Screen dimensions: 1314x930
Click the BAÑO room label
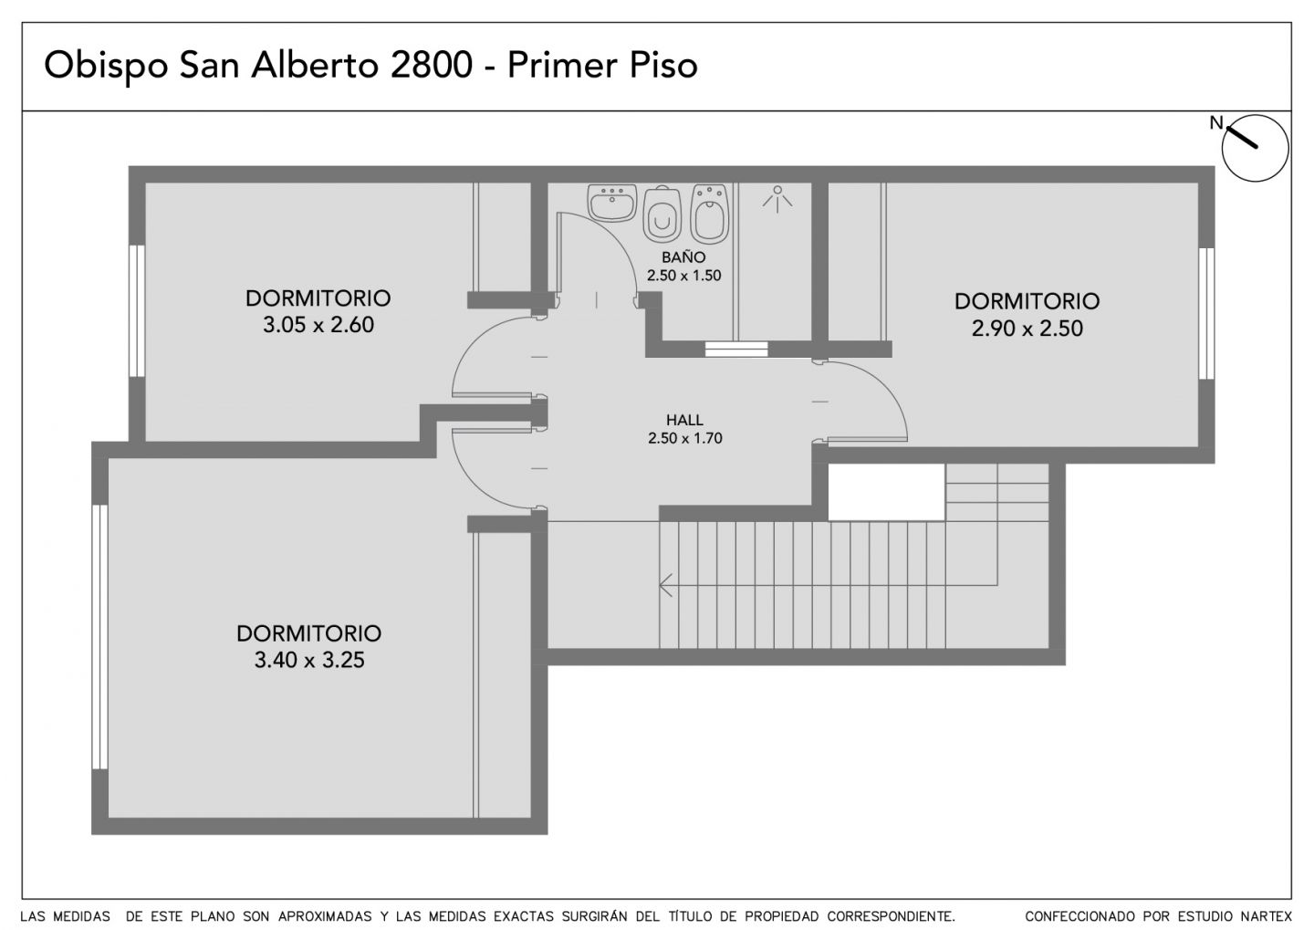pos(683,257)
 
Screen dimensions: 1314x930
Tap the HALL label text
pos(684,420)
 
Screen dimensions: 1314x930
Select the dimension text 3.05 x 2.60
pos(318,325)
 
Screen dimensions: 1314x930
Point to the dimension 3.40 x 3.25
pos(309,660)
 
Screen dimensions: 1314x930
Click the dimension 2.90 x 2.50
pos(1027,329)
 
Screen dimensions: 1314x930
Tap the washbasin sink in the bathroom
pos(611,203)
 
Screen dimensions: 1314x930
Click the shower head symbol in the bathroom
pos(777,198)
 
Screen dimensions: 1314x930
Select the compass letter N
pos(1216,122)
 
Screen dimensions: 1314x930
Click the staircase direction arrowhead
pos(666,585)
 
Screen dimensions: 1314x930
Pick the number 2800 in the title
pos(431,65)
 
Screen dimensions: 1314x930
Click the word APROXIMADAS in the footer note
pos(325,916)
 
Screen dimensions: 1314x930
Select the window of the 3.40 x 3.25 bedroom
pos(99,637)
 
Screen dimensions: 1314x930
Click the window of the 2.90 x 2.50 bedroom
pos(1206,313)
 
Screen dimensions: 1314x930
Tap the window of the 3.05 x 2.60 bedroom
pos(137,311)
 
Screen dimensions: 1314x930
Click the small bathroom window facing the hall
pos(736,350)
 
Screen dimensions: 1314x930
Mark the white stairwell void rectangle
pos(886,492)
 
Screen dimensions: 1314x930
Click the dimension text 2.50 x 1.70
pos(684,438)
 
